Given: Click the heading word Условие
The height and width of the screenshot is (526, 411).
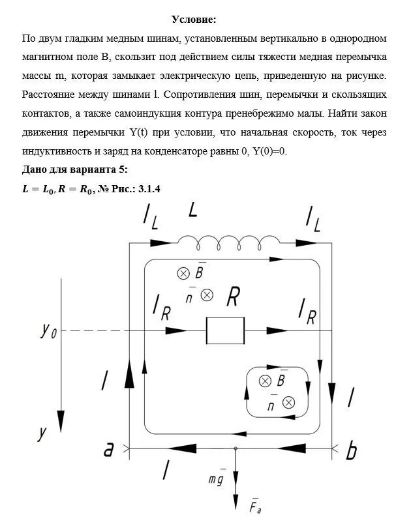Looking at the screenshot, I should click(194, 20).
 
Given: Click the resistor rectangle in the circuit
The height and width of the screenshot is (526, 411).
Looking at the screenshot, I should click(225, 330).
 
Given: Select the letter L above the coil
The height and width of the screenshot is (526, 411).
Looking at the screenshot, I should click(193, 211).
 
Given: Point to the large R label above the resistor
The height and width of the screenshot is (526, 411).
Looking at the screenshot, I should click(234, 297).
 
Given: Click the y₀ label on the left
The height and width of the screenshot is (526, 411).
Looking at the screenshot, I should click(49, 331).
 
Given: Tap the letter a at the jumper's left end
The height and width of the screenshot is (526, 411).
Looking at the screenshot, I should click(110, 449).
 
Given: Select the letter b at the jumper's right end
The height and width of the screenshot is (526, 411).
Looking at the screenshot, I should click(352, 451).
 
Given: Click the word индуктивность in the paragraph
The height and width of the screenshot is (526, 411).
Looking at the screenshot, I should click(56, 151).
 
